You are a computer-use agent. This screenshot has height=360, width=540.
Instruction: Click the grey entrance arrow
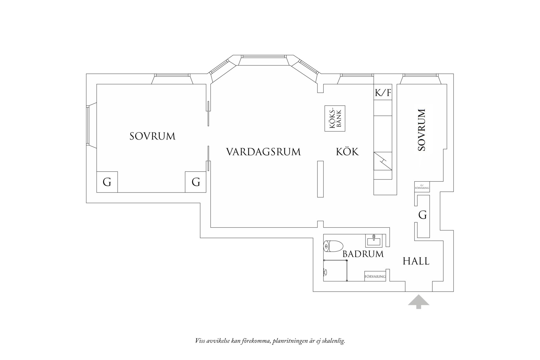click(418, 302)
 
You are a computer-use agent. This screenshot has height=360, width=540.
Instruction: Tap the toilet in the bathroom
click(333, 246)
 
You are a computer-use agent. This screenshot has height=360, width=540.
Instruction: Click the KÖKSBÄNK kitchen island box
click(335, 118)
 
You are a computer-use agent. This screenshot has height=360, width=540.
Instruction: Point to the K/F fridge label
click(383, 93)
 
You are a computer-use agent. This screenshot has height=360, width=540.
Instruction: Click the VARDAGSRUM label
click(263, 152)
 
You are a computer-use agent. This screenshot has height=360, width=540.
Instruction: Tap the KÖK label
click(347, 152)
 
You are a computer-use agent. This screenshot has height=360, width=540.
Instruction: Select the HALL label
click(416, 261)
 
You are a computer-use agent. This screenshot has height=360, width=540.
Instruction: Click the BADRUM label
click(363, 254)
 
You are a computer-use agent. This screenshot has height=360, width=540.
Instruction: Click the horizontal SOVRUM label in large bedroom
click(152, 136)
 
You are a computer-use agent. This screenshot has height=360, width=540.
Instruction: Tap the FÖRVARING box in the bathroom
click(375, 276)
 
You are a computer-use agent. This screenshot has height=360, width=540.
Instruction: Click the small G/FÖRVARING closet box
click(422, 187)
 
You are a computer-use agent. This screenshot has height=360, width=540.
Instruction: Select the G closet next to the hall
click(423, 215)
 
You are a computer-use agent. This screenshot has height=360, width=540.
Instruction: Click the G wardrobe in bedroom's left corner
click(107, 182)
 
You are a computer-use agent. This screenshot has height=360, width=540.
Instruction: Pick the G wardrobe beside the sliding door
click(196, 182)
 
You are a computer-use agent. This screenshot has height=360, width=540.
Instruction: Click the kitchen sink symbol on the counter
click(383, 161)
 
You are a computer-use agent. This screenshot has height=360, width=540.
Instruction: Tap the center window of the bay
click(264, 56)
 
